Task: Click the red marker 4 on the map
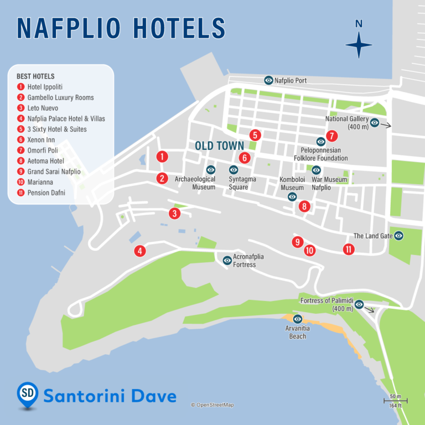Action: [x=140, y=251]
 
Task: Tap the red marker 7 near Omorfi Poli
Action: [x=331, y=136]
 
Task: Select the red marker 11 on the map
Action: [x=349, y=249]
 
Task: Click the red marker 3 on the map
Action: [x=174, y=214]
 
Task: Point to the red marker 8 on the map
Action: [x=303, y=206]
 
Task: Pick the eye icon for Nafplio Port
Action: [x=268, y=80]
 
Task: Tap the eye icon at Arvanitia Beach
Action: [x=298, y=319]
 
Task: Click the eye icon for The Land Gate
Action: [x=398, y=236]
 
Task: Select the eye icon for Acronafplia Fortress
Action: [x=227, y=260]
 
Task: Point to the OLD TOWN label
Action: [x=220, y=145]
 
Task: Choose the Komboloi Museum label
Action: [x=292, y=184]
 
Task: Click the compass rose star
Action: [x=359, y=45]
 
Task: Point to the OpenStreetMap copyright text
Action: [x=212, y=405]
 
